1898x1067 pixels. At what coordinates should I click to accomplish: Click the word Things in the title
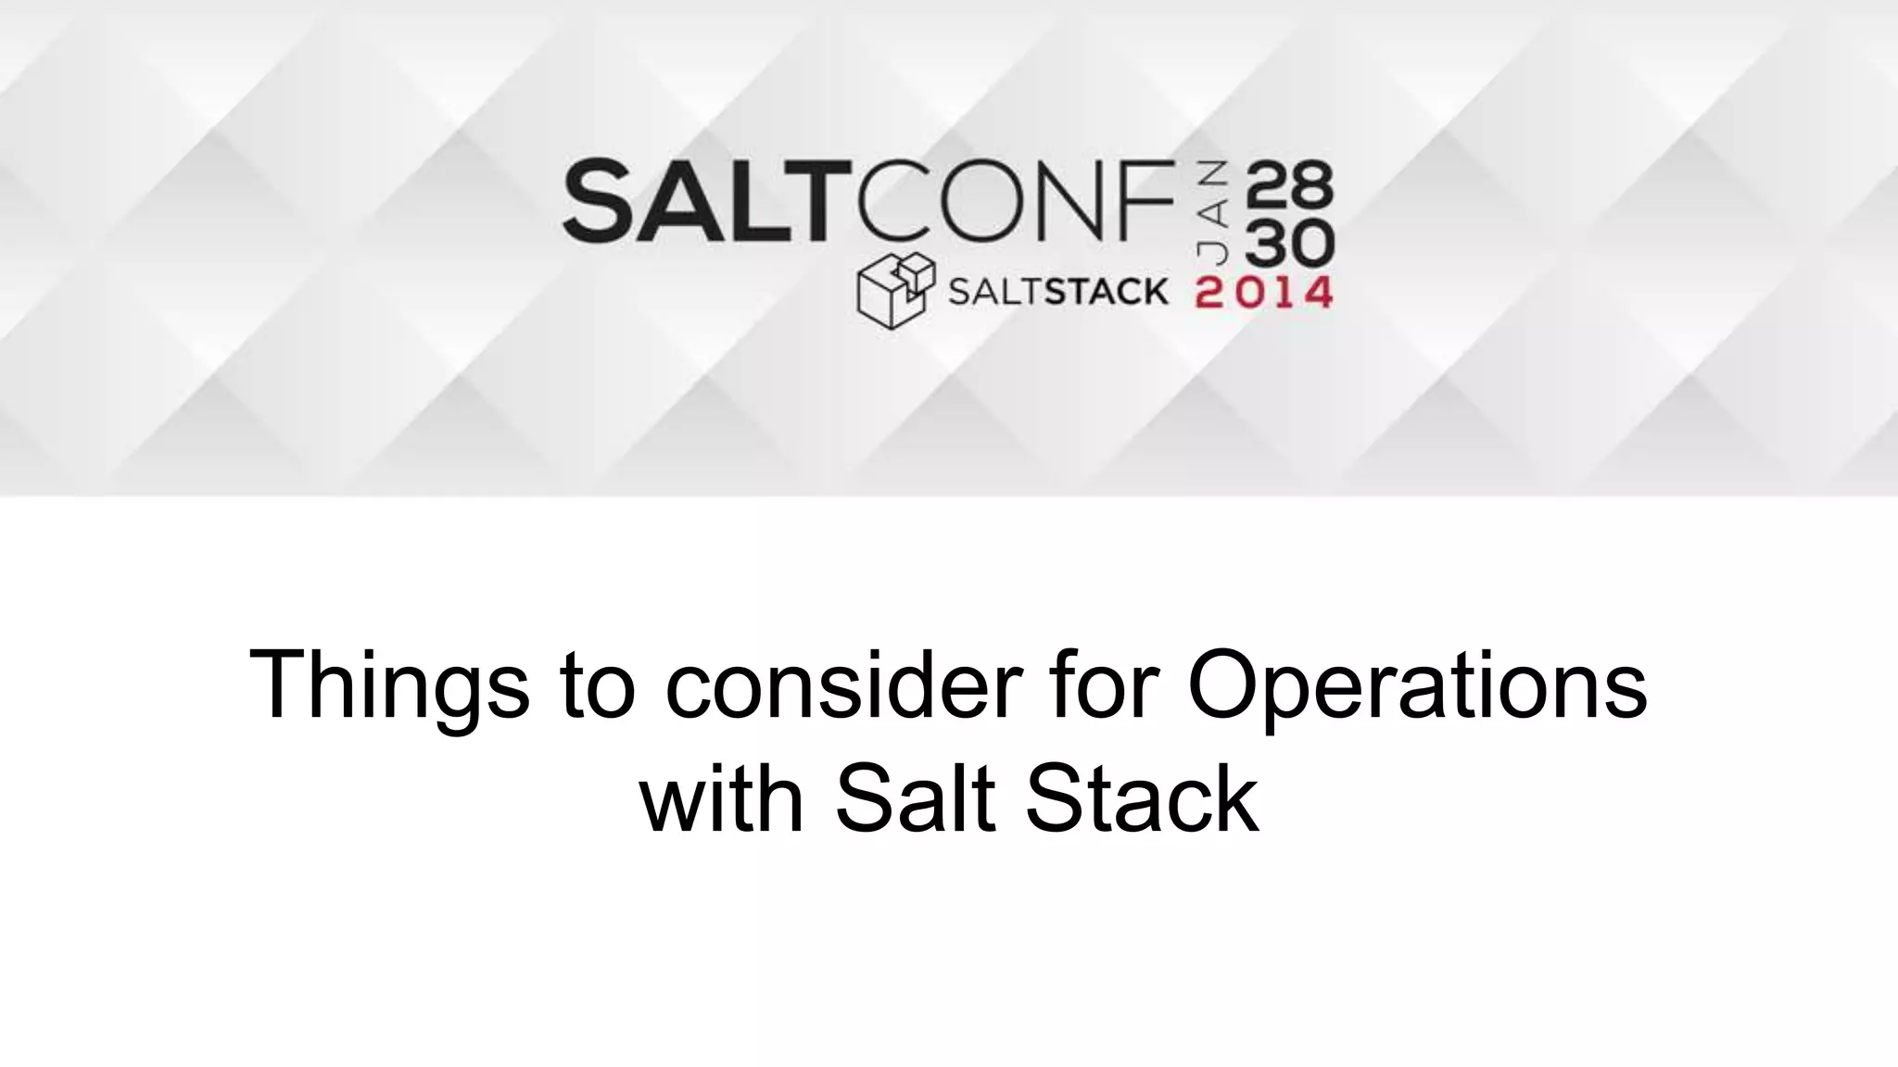[x=389, y=687]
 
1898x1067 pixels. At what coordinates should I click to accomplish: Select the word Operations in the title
[x=1417, y=687]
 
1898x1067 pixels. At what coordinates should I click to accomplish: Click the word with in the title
[x=722, y=798]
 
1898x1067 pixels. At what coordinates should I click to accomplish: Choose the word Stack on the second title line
[x=1141, y=798]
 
